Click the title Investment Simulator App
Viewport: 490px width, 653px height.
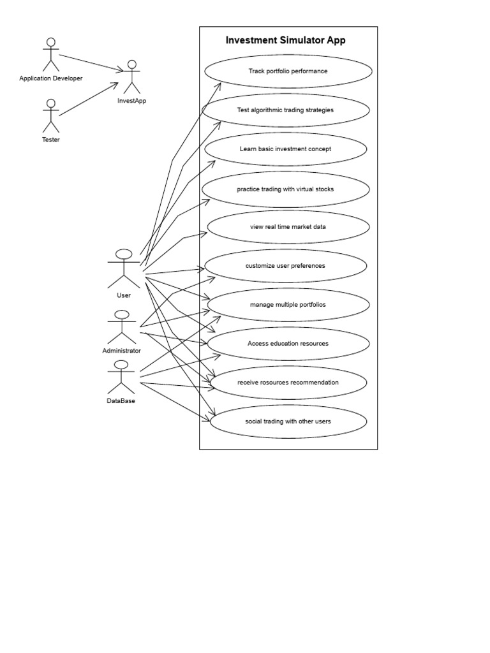click(x=286, y=41)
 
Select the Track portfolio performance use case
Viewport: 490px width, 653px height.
click(x=288, y=71)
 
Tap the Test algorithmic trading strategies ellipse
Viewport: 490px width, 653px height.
click(x=285, y=110)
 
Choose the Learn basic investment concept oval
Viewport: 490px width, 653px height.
click(x=285, y=149)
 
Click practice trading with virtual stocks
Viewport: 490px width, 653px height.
click(x=285, y=189)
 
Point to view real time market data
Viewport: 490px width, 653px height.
click(x=288, y=227)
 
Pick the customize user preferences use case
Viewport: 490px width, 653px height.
click(x=285, y=266)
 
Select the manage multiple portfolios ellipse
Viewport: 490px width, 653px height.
click(x=288, y=305)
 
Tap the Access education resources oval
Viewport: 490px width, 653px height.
click(x=288, y=344)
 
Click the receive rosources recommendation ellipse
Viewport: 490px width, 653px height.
click(x=288, y=383)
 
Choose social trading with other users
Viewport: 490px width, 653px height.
click(x=288, y=422)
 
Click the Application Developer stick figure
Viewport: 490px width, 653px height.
click(x=50, y=54)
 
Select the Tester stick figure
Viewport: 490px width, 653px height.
click(x=50, y=115)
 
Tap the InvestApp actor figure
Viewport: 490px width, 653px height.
click(x=132, y=77)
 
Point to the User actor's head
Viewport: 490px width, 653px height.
click(x=124, y=254)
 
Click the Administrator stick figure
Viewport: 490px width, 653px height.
click(x=121, y=327)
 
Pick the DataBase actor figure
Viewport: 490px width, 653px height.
click(x=121, y=377)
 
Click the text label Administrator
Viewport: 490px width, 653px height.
click(x=121, y=351)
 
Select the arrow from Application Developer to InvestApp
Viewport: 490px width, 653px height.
click(x=91, y=62)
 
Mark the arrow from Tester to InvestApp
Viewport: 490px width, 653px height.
click(x=89, y=99)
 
